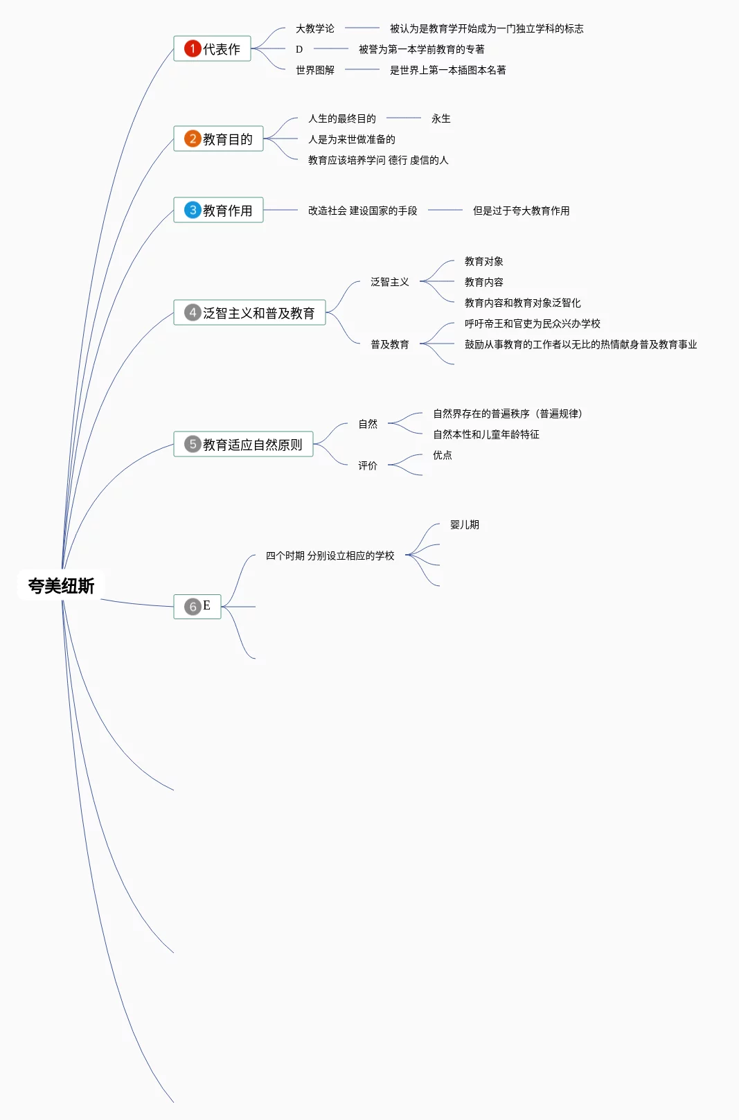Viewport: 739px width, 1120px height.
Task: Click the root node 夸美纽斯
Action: pos(61,586)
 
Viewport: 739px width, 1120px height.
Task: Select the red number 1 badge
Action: pos(192,48)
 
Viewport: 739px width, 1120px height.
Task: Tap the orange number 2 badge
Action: pos(192,139)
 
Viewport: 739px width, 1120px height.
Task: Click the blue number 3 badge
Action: pos(192,210)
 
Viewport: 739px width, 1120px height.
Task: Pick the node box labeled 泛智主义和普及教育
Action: pos(249,313)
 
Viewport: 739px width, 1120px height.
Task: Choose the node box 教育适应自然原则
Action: pos(243,445)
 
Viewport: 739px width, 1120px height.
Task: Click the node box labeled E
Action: pos(197,607)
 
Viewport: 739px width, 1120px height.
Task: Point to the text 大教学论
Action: pos(314,28)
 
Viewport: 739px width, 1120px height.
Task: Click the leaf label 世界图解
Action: pos(314,70)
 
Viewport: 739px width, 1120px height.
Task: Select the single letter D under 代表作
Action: pos(299,49)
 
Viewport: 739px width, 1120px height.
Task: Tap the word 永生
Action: pos(440,118)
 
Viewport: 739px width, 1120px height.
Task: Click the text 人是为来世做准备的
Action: pos(351,139)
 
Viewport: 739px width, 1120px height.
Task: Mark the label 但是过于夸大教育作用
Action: pos(521,211)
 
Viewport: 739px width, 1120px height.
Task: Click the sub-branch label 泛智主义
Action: pos(389,282)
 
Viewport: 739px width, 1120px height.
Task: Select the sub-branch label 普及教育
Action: pos(389,344)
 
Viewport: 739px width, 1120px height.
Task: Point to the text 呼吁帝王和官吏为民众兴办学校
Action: pos(532,323)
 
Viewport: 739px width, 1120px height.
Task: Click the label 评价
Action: pos(367,465)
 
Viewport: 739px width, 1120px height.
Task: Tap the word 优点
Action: pos(442,455)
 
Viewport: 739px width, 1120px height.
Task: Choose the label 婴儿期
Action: pos(464,524)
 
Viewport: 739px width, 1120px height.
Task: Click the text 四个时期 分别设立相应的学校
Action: pos(330,555)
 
